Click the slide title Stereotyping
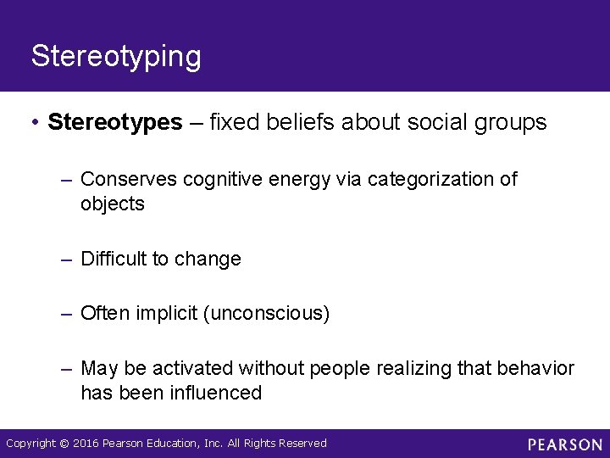point(116,57)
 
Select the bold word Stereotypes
point(115,123)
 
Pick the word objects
point(113,204)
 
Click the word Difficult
point(114,260)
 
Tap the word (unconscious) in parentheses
point(266,314)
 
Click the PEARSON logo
point(564,444)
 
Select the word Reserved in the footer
point(302,444)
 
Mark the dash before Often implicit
point(67,314)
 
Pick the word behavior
point(540,369)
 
